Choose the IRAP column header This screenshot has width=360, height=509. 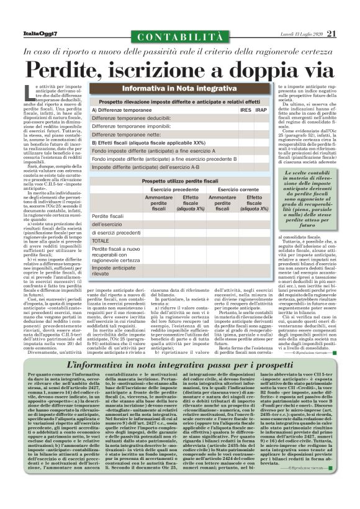[261, 110]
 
